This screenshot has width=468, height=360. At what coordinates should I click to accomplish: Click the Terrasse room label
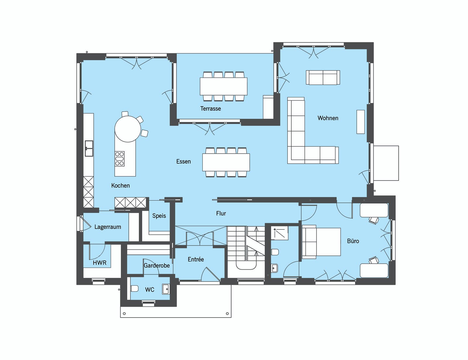coord(210,109)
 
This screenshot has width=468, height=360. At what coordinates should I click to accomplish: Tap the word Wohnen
coord(328,118)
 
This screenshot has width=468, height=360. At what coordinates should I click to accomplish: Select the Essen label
coord(183,162)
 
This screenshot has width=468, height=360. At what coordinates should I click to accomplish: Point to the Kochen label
coord(121,186)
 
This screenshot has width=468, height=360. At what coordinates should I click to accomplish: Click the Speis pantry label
coord(159,216)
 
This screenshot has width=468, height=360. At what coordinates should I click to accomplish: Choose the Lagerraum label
coord(108,227)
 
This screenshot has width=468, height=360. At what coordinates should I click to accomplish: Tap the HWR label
coord(99,263)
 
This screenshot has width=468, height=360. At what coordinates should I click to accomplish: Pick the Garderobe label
coord(157,266)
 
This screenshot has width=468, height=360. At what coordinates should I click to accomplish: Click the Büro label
coord(353,241)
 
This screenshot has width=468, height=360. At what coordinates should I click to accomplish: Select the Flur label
coord(221,213)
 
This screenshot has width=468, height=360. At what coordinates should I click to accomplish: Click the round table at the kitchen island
coord(128,129)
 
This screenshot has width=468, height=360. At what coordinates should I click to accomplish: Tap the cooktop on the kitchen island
coord(120,159)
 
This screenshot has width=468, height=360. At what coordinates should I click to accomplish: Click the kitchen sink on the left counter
coord(89,148)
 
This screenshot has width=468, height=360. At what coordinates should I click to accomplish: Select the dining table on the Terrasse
coord(223,86)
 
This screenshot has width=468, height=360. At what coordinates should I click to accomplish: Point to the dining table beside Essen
coord(226,162)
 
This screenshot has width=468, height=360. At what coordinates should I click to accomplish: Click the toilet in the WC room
coord(135,289)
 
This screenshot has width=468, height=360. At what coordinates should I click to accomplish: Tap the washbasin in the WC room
coord(166,289)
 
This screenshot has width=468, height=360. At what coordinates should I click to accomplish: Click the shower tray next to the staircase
coord(279,233)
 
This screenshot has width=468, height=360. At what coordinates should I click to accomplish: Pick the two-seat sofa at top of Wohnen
coord(323,78)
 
